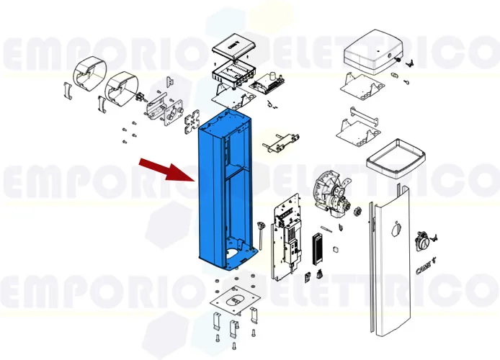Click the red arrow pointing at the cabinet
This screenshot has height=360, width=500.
162,169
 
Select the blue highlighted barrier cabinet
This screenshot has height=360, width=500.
216,194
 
